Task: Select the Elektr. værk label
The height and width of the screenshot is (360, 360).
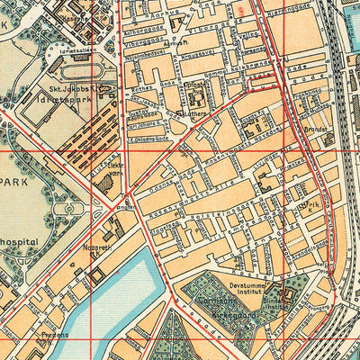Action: click(x=116, y=169)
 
